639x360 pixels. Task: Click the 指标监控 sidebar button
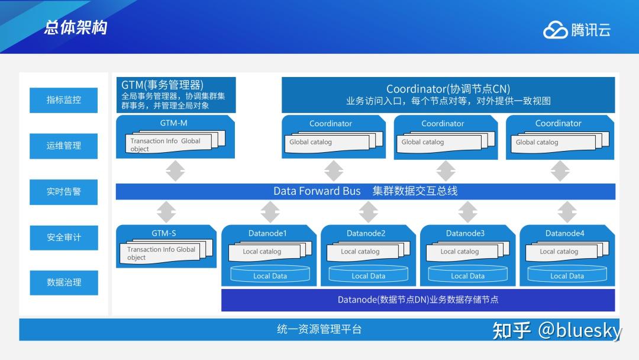(x=64, y=100)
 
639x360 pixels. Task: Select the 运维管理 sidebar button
(x=64, y=146)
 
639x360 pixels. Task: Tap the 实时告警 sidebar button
(x=64, y=192)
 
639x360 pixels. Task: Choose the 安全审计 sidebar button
(x=64, y=237)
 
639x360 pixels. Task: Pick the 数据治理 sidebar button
(x=64, y=282)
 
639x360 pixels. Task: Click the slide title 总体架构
(x=75, y=28)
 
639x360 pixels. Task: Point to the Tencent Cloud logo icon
(x=555, y=30)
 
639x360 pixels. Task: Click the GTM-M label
(x=173, y=124)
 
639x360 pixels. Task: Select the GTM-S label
(x=164, y=233)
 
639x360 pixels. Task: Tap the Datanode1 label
(x=267, y=233)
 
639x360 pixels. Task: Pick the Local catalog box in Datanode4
(x=559, y=252)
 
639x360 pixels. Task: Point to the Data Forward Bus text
(x=317, y=191)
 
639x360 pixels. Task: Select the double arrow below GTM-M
(x=175, y=171)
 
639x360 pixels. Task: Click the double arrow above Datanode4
(x=567, y=212)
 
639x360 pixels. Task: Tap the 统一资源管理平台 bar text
(x=319, y=330)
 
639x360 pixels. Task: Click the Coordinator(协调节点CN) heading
(x=448, y=89)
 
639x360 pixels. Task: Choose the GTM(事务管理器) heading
(x=162, y=85)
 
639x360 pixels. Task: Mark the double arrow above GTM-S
(x=166, y=212)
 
